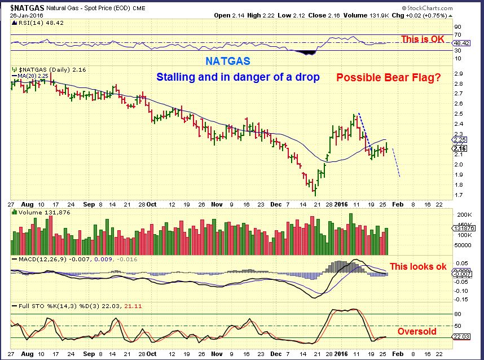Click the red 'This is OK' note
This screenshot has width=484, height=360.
click(x=422, y=39)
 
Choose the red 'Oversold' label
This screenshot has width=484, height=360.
click(x=416, y=331)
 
